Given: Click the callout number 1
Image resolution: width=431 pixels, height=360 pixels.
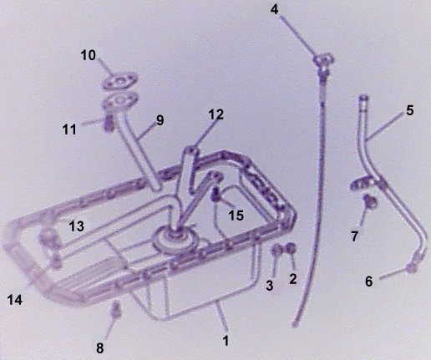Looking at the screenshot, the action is click(x=226, y=341).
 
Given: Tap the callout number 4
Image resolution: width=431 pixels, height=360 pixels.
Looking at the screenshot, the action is click(x=274, y=10).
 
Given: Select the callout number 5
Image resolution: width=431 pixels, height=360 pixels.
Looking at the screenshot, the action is click(x=410, y=110).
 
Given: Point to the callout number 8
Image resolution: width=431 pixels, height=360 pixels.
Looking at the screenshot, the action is click(x=100, y=348).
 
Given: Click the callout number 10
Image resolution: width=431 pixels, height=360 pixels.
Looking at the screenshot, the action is click(x=89, y=55).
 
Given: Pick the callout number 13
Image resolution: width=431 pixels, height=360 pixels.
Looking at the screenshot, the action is click(x=77, y=226).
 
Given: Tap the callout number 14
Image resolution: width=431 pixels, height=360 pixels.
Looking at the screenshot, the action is click(x=15, y=300).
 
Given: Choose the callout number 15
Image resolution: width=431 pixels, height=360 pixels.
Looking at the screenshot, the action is click(x=236, y=215).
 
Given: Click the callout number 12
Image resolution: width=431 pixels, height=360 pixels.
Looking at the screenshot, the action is click(x=216, y=114).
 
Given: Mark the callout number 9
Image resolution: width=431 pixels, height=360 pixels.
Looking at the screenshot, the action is click(x=160, y=120).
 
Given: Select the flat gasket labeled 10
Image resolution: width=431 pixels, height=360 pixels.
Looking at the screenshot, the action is click(x=120, y=82).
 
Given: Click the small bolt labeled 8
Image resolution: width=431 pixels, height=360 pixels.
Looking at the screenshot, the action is click(x=117, y=310).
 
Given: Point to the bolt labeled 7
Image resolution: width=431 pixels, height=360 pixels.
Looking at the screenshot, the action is click(x=370, y=201).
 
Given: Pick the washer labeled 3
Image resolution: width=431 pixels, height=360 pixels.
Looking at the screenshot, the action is click(x=276, y=250).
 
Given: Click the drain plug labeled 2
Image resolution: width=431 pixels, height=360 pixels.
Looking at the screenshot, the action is click(x=290, y=248).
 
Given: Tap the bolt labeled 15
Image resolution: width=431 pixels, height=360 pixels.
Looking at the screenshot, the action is click(x=216, y=195).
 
